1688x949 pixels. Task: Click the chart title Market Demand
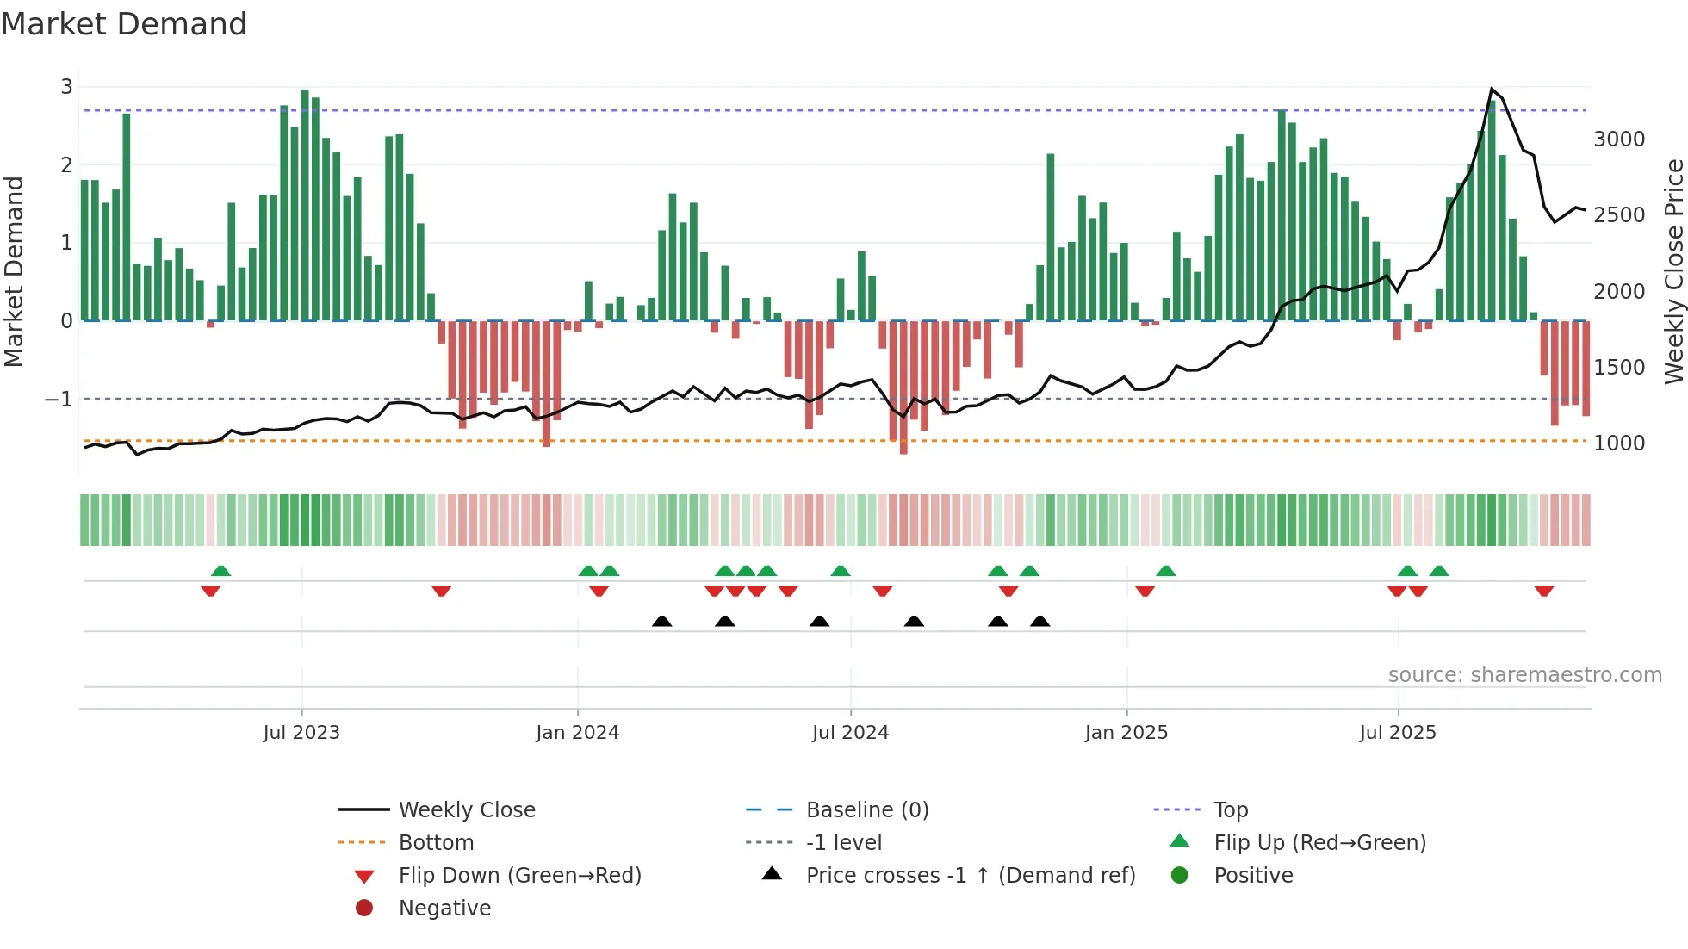pyautogui.click(x=124, y=24)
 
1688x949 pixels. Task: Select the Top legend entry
pyautogui.click(x=1230, y=809)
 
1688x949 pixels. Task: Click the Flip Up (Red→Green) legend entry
pyautogui.click(x=1319, y=842)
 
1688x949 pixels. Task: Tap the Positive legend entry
pyautogui.click(x=1253, y=875)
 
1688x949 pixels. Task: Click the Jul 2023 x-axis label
pyautogui.click(x=301, y=732)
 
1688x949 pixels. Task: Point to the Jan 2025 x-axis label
pyautogui.click(x=1126, y=732)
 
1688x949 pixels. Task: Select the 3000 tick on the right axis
pyautogui.click(x=1618, y=139)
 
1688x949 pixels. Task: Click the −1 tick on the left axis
pyautogui.click(x=59, y=399)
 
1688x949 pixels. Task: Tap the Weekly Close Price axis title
pyautogui.click(x=1672, y=271)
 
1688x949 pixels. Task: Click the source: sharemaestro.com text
pyautogui.click(x=1524, y=674)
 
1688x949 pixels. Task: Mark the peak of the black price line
pyautogui.click(x=1492, y=89)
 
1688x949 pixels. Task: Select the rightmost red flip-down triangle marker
pyautogui.click(x=1543, y=591)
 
